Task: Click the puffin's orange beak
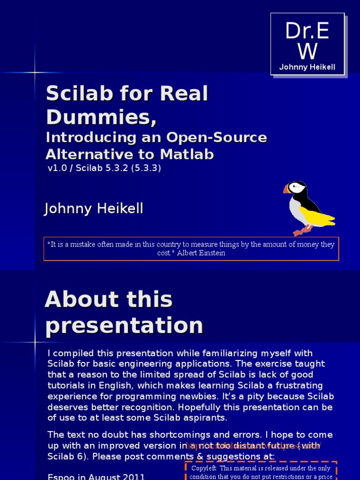click(286, 189)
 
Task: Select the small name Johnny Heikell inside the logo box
click(307, 67)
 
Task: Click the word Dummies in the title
click(101, 117)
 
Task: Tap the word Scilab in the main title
click(80, 94)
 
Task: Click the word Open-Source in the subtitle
click(216, 137)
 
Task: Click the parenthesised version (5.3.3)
click(145, 168)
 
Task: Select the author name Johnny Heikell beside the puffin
click(93, 209)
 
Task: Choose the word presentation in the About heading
click(124, 325)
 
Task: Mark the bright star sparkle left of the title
click(35, 72)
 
